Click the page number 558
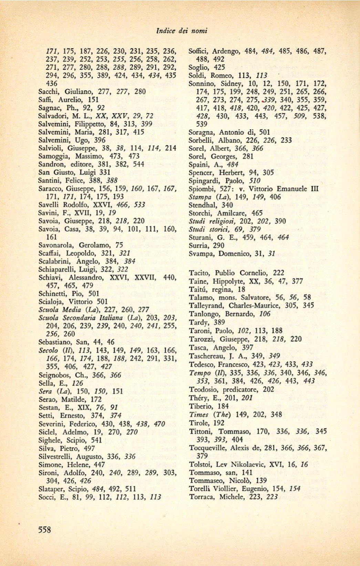(45, 529)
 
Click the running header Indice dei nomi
(182, 31)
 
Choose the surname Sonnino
(201, 84)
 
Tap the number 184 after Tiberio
(223, 406)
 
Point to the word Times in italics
(199, 415)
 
